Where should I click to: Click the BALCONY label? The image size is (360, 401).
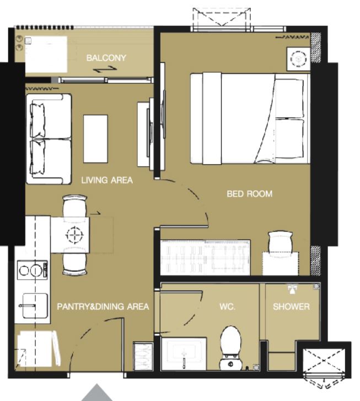pyautogui.click(x=106, y=58)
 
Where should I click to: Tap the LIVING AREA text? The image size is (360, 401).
pyautogui.click(x=107, y=180)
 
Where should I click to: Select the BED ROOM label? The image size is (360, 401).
pyautogui.click(x=250, y=194)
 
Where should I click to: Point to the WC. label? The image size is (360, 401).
pyautogui.click(x=227, y=306)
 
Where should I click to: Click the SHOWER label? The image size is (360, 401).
pyautogui.click(x=291, y=306)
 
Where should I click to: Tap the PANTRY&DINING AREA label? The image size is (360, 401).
pyautogui.click(x=103, y=306)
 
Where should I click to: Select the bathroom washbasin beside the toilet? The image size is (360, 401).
pyautogui.click(x=184, y=354)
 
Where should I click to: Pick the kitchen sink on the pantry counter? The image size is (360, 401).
pyautogui.click(x=35, y=306)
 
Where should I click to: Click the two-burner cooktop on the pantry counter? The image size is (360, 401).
pyautogui.click(x=32, y=270)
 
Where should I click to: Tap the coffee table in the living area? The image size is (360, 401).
pyautogui.click(x=95, y=138)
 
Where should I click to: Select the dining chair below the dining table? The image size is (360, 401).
pyautogui.click(x=75, y=261)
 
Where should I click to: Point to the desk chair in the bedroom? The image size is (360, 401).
pyautogui.click(x=280, y=242)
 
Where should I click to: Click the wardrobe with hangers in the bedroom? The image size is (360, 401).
pyautogui.click(x=205, y=258)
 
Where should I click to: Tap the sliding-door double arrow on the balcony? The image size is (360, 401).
pyautogui.click(x=105, y=69)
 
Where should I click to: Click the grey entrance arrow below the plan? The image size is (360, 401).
pyautogui.click(x=97, y=393)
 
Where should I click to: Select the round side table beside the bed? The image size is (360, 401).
pyautogui.click(x=298, y=59)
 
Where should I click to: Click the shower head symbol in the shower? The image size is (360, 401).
pyautogui.click(x=292, y=289)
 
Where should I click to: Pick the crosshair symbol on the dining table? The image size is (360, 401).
pyautogui.click(x=74, y=234)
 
